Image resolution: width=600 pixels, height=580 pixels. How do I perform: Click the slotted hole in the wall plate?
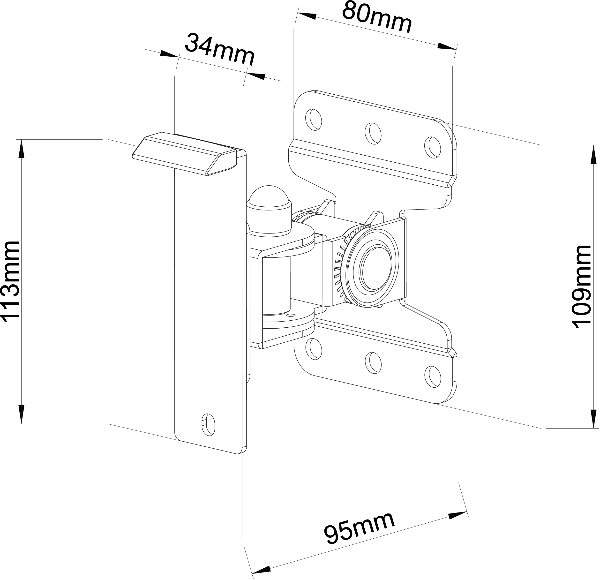point(209,425)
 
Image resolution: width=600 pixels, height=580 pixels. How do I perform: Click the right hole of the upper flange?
point(433,147)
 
